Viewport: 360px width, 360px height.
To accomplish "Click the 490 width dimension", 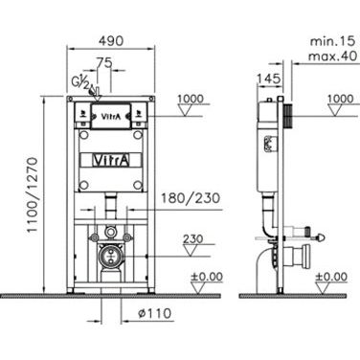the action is (111, 41).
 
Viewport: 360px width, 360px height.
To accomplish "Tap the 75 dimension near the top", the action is (104, 63).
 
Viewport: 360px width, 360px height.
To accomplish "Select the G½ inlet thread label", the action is (79, 82).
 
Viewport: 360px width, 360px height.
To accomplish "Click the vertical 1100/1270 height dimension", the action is (33, 195).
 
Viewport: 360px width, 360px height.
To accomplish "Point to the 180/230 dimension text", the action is (191, 198).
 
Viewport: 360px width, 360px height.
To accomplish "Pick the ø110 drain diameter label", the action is (155, 313).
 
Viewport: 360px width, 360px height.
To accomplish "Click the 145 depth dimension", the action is (269, 79).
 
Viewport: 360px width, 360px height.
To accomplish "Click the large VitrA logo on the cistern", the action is (111, 160).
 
